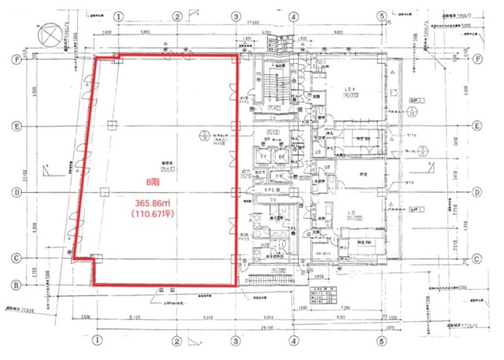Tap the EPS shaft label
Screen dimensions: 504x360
coord(269,190)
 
